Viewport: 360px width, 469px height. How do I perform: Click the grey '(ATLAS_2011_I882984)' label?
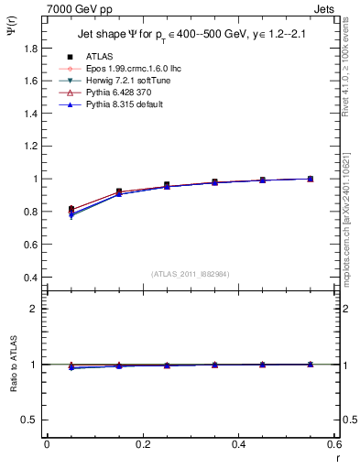(190, 274)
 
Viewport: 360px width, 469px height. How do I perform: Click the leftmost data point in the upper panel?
(71, 211)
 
